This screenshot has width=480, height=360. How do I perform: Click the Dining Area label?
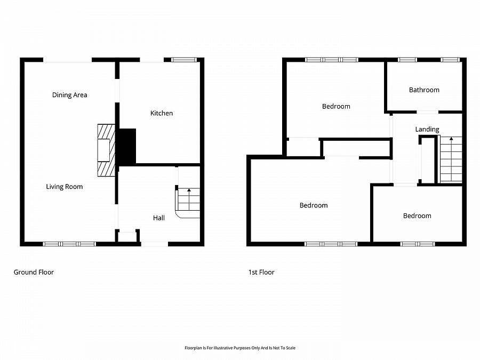click(x=69, y=95)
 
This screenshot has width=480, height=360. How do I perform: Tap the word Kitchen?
click(x=161, y=113)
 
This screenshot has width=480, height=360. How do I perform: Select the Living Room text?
click(x=64, y=187)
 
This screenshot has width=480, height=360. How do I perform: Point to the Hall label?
click(x=159, y=218)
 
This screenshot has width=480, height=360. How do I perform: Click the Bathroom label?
click(x=424, y=90)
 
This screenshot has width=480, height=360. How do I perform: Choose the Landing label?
click(x=427, y=129)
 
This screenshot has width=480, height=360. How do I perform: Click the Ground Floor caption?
click(x=34, y=272)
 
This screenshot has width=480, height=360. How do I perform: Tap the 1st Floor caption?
click(x=261, y=272)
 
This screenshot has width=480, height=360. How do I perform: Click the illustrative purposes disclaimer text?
click(x=240, y=348)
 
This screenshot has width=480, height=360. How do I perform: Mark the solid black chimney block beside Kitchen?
click(x=127, y=147)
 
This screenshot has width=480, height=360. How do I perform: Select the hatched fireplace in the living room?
click(x=106, y=150)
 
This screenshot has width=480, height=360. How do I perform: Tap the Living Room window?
click(x=69, y=244)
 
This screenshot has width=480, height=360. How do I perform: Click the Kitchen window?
click(x=184, y=60)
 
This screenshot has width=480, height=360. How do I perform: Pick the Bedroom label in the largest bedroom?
click(x=314, y=205)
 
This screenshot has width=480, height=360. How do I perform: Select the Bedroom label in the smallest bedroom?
click(x=417, y=215)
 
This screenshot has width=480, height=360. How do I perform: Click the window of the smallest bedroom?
click(x=417, y=244)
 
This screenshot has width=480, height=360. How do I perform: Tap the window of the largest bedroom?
click(x=331, y=244)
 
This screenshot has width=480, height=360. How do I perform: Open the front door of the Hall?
click(x=155, y=244)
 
